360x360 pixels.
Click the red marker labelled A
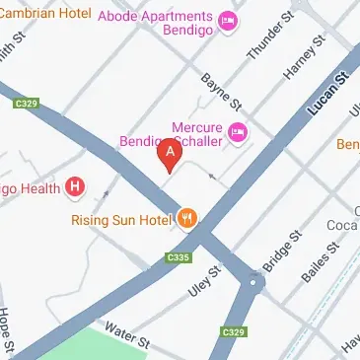tap(171, 154)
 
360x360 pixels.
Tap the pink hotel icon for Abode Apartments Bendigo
tap(229, 20)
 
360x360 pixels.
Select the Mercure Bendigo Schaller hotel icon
tap(237, 131)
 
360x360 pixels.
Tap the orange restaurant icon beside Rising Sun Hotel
tap(185, 218)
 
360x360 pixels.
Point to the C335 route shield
tap(178, 258)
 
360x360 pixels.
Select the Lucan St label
tap(328, 92)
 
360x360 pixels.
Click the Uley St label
tap(204, 281)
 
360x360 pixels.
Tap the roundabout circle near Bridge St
tap(254, 284)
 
